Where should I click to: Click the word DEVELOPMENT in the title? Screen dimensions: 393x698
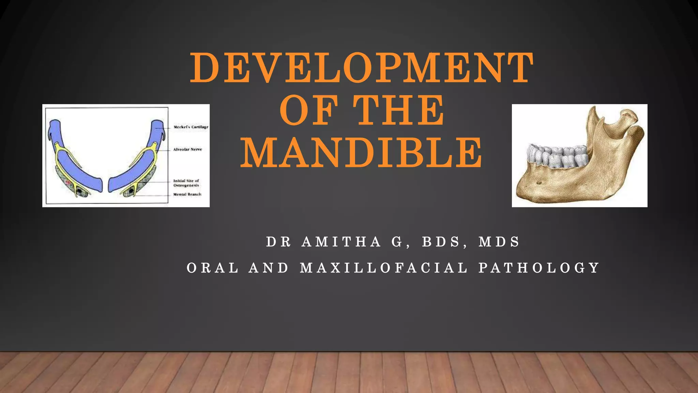point(361,68)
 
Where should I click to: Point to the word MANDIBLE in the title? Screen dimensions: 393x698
point(361,152)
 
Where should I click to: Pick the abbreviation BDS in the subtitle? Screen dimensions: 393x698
point(441,242)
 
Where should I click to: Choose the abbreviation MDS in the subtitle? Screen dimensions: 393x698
point(499,242)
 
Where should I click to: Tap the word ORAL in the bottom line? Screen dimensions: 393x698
point(213,268)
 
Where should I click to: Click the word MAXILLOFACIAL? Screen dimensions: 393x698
point(384,268)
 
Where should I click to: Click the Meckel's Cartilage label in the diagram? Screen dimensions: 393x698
point(191,127)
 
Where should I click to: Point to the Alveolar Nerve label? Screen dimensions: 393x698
point(187,149)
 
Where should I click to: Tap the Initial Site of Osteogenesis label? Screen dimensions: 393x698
point(186,183)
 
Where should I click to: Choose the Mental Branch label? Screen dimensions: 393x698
point(187,194)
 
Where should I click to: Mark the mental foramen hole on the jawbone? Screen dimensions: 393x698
point(539,183)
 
